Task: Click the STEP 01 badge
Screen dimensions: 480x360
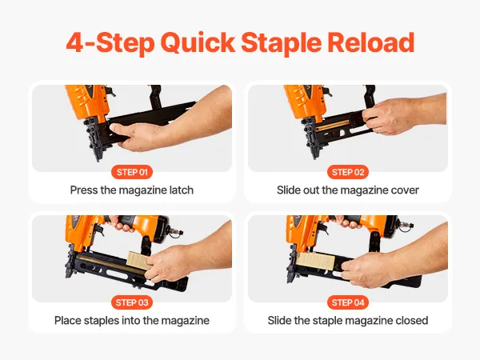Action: (132, 172)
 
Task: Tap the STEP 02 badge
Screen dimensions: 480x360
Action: (348, 172)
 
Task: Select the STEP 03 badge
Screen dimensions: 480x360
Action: (132, 302)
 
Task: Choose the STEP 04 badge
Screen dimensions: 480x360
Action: (348, 302)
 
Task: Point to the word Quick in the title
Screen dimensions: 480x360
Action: (198, 43)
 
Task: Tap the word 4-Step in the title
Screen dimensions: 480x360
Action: (110, 44)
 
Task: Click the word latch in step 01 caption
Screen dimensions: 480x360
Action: (182, 190)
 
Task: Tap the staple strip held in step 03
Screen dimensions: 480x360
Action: (139, 261)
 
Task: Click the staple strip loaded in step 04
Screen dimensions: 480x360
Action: (315, 261)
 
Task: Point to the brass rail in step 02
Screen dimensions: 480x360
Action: (333, 125)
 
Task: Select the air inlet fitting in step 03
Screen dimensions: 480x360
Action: (175, 232)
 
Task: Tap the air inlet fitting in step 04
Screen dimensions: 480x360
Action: (404, 226)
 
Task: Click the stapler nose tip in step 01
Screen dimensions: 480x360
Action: (98, 159)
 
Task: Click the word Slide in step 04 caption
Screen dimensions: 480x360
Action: (279, 321)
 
